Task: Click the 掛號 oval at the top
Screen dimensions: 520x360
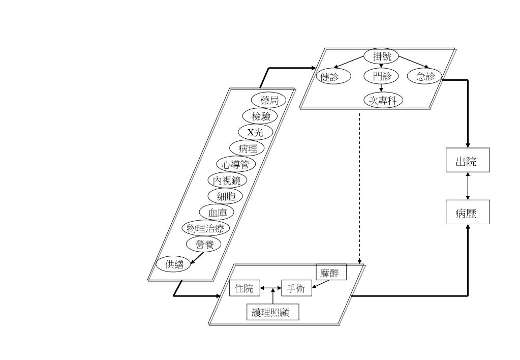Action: point(382,56)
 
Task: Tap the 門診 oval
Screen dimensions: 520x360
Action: point(381,77)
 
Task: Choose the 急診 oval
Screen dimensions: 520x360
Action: point(425,77)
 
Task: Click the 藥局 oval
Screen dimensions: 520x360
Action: point(269,100)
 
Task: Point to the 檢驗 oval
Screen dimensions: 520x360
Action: point(261,115)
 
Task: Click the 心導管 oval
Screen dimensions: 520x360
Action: point(235,164)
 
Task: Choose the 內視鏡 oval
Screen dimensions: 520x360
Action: point(227,180)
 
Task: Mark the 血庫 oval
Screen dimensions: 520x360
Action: point(217,212)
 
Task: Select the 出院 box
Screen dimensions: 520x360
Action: point(468,161)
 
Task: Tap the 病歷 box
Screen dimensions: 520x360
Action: point(468,212)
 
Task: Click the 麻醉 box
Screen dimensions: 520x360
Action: point(331,273)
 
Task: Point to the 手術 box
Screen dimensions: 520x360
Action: point(296,288)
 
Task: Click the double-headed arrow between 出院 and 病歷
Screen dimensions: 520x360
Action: point(468,187)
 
